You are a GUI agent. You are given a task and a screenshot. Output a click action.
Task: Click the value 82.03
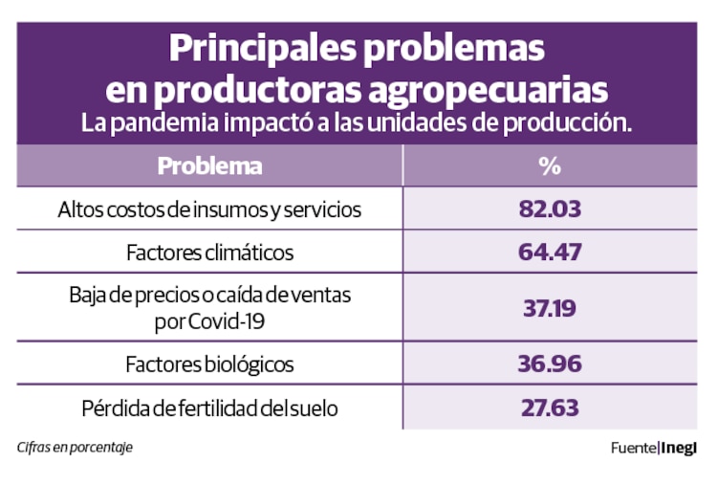click(550, 209)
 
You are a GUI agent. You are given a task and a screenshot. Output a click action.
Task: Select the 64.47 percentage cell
click(550, 254)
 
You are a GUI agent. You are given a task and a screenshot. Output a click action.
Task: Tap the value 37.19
click(550, 308)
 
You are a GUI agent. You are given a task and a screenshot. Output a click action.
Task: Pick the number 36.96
click(550, 364)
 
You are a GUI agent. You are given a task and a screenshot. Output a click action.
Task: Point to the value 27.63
click(550, 408)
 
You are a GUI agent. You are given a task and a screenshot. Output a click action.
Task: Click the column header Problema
click(209, 165)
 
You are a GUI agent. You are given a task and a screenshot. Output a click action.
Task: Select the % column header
click(549, 165)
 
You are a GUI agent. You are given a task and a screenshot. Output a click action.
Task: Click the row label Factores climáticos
click(209, 254)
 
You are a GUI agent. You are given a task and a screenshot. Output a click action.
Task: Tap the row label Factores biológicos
click(209, 364)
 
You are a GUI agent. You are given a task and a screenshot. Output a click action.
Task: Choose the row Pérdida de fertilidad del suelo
click(209, 408)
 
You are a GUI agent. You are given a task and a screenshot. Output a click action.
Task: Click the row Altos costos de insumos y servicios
click(209, 209)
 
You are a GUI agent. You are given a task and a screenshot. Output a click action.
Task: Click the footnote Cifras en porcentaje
click(74, 447)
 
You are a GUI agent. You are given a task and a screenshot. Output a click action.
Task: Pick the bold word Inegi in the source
click(680, 447)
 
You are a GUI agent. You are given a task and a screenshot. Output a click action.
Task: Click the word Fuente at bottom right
click(634, 447)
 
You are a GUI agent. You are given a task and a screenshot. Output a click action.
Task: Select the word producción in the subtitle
click(573, 124)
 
